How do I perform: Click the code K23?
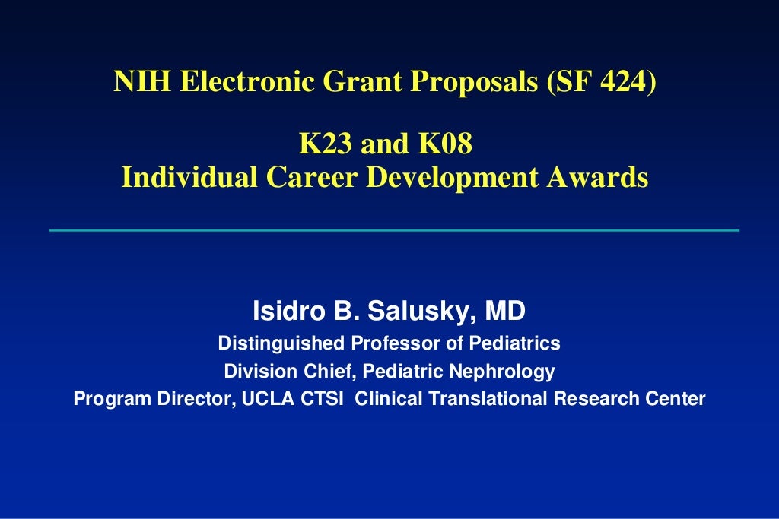[323, 144]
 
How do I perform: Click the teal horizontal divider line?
[393, 229]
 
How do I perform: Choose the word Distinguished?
[281, 343]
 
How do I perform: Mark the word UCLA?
[263, 398]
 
